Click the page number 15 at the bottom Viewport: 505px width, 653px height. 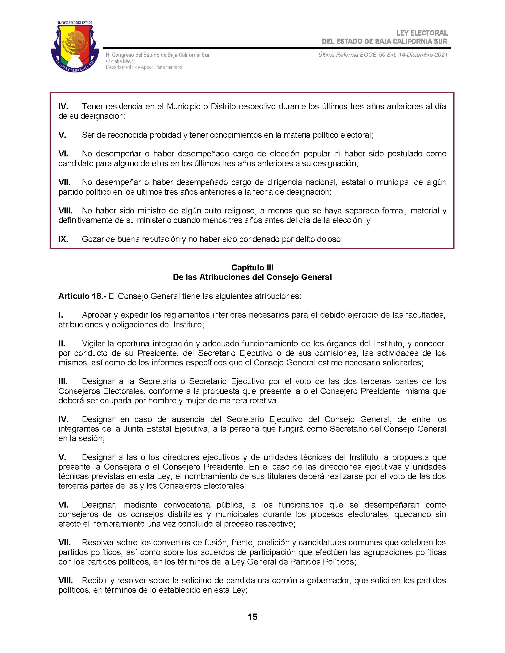252,617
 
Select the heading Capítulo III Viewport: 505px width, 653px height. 252,267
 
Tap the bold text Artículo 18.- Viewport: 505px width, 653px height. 82,296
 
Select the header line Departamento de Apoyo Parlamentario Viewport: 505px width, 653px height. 143,67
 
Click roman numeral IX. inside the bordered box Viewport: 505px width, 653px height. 63,239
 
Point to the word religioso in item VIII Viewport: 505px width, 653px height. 238,210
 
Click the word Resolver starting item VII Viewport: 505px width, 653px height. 98,542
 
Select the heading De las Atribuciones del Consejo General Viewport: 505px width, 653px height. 252,277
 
